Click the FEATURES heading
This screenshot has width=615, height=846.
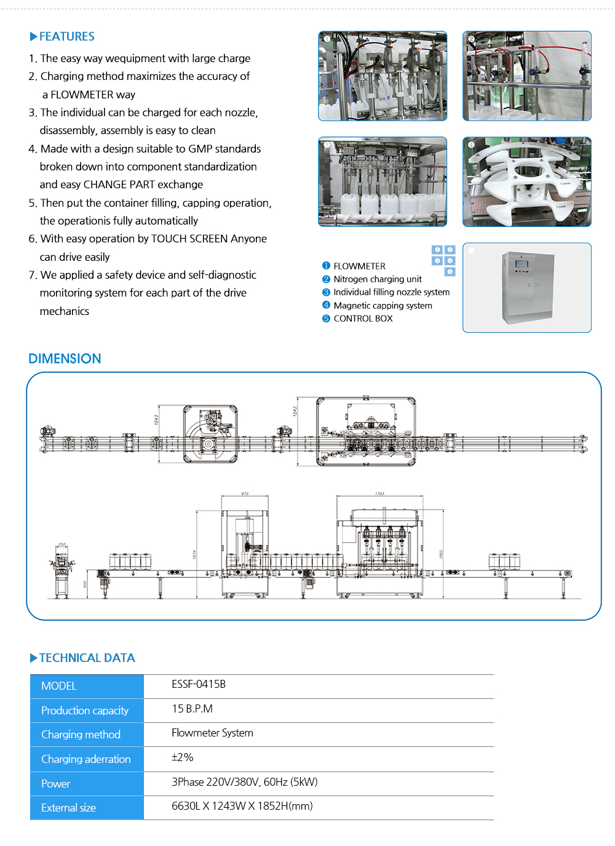66,36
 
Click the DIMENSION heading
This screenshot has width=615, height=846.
65,359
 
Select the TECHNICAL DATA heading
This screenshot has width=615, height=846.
87,658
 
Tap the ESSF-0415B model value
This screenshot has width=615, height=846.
199,684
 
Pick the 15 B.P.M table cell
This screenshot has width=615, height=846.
192,709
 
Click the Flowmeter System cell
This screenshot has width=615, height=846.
212,733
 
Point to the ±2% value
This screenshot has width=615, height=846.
182,757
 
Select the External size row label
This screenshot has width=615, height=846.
68,808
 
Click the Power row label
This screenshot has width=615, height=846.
55,784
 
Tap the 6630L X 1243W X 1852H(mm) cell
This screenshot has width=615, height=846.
242,806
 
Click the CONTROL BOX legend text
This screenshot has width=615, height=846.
363,319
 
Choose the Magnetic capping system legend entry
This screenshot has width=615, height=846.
383,306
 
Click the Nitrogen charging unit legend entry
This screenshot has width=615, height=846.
377,279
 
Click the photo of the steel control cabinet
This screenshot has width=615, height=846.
527,287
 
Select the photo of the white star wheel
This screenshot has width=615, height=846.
527,182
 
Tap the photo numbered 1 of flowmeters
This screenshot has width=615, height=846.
383,76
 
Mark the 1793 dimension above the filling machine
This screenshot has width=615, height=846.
379,493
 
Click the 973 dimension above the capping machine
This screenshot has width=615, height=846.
245,493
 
